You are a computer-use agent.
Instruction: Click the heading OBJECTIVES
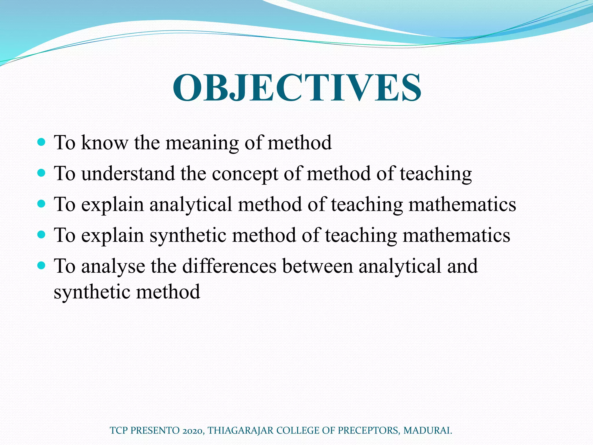[x=297, y=87]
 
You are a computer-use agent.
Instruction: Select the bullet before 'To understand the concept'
[x=42, y=173]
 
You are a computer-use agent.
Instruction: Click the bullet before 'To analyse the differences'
[x=42, y=265]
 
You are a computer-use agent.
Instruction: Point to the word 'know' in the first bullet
[x=105, y=143]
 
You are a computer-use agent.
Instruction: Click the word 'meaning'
[x=202, y=143]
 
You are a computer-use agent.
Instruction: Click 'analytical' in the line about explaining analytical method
[x=191, y=205]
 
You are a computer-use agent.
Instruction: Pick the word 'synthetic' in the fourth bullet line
[x=188, y=235]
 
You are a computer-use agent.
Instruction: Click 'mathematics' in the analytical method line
[x=462, y=205]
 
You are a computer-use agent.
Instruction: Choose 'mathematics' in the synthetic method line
[x=456, y=235]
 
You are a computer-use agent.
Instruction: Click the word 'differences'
[x=229, y=266]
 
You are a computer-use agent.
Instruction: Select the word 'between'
[x=317, y=266]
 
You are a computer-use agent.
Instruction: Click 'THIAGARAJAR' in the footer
[x=241, y=431]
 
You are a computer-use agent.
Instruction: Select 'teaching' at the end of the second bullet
[x=436, y=174]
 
